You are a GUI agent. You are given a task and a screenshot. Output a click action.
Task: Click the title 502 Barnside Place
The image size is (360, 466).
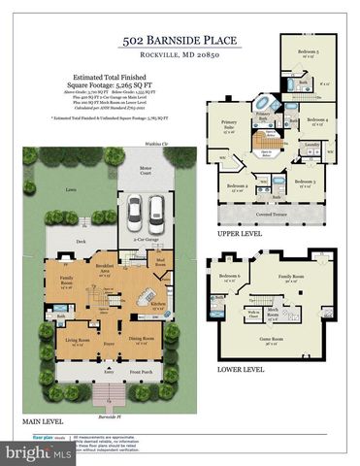click(x=180, y=40)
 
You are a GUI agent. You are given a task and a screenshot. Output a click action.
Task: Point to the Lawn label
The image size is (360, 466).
click(x=69, y=191)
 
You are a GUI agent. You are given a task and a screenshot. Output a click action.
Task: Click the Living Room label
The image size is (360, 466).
click(x=77, y=341)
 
